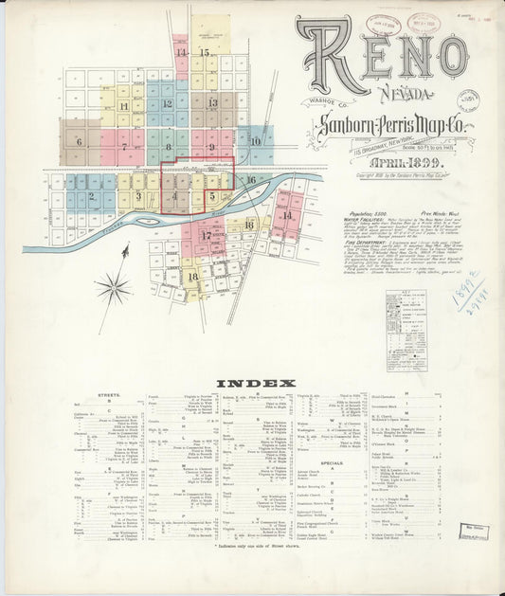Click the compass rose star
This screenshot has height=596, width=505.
[113, 285]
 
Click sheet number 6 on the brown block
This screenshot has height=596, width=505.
[80, 143]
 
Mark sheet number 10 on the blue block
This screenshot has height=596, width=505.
[256, 141]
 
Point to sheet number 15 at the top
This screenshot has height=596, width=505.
[205, 53]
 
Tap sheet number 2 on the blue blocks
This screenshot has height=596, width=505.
[92, 197]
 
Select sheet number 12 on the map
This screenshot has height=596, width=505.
[167, 104]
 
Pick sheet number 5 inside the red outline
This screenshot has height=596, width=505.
[214, 196]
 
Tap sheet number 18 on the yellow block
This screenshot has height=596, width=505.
[192, 276]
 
